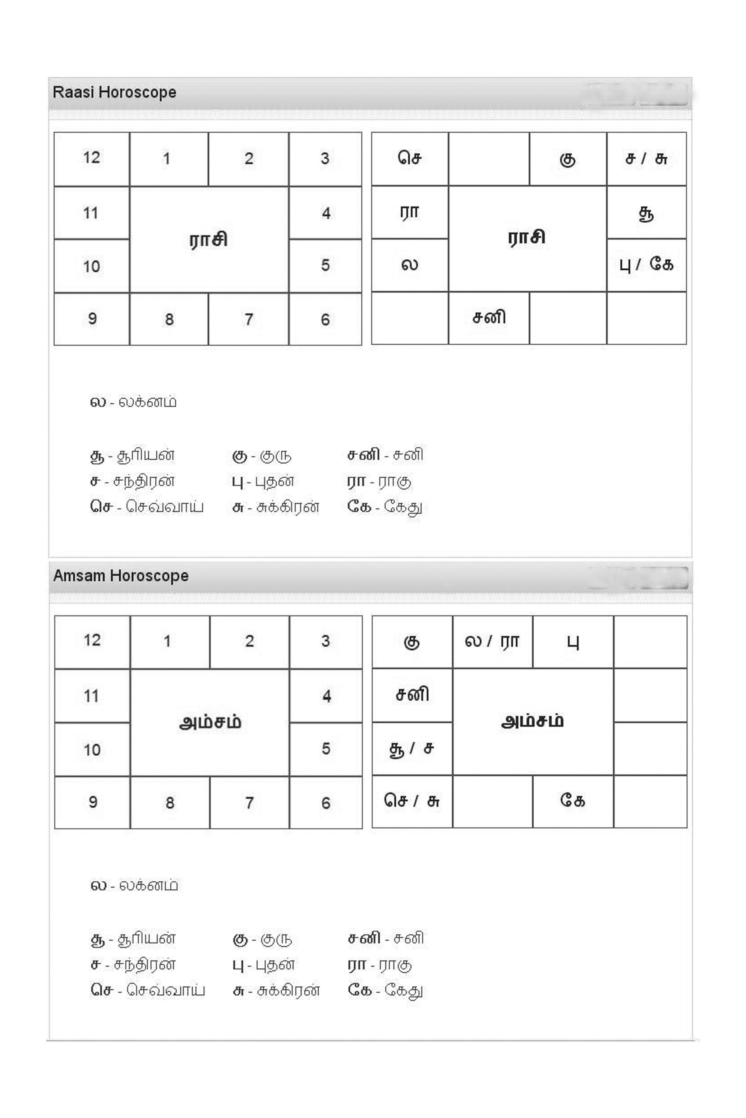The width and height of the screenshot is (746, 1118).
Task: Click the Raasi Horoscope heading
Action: pyautogui.click(x=114, y=92)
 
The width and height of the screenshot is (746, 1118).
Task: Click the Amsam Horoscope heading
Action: pyautogui.click(x=121, y=576)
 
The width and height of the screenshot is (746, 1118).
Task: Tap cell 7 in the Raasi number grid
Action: pyautogui.click(x=248, y=319)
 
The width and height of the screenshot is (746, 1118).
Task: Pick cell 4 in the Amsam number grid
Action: pyautogui.click(x=326, y=696)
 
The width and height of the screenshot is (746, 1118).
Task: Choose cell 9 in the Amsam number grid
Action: pyautogui.click(x=92, y=802)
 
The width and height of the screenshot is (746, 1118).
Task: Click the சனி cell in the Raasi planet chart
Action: pyautogui.click(x=489, y=317)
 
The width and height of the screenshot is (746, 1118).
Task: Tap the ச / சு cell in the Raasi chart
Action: pyautogui.click(x=646, y=158)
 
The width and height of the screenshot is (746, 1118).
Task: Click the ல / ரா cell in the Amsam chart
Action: pyautogui.click(x=492, y=642)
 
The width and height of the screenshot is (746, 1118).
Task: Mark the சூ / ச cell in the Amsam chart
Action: pyautogui.click(x=412, y=749)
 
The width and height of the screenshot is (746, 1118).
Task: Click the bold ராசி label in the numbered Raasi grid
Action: pyautogui.click(x=208, y=239)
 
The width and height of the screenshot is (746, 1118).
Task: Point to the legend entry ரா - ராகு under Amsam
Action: pyautogui.click(x=380, y=965)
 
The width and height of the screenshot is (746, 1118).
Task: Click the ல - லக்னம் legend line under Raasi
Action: pyautogui.click(x=133, y=402)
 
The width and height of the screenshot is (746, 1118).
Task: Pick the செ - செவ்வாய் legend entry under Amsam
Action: pyautogui.click(x=147, y=990)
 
